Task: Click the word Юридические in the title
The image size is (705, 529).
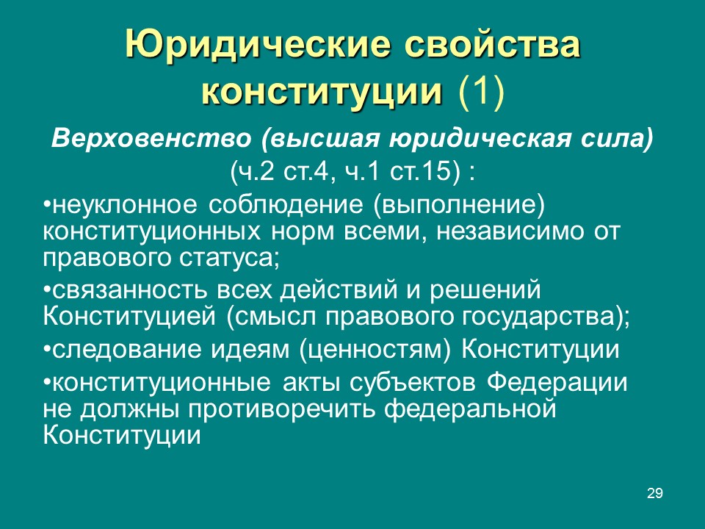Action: [258, 45]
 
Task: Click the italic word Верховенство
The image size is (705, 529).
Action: [151, 138]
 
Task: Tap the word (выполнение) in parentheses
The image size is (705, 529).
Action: [458, 205]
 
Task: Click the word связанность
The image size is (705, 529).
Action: [130, 289]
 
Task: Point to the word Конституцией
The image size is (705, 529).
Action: [129, 316]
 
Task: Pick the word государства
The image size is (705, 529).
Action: [538, 317]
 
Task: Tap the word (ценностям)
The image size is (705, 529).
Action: [375, 350]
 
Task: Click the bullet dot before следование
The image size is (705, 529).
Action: [47, 350]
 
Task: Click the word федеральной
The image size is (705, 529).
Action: [470, 409]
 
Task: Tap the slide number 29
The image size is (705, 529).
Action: [654, 494]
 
